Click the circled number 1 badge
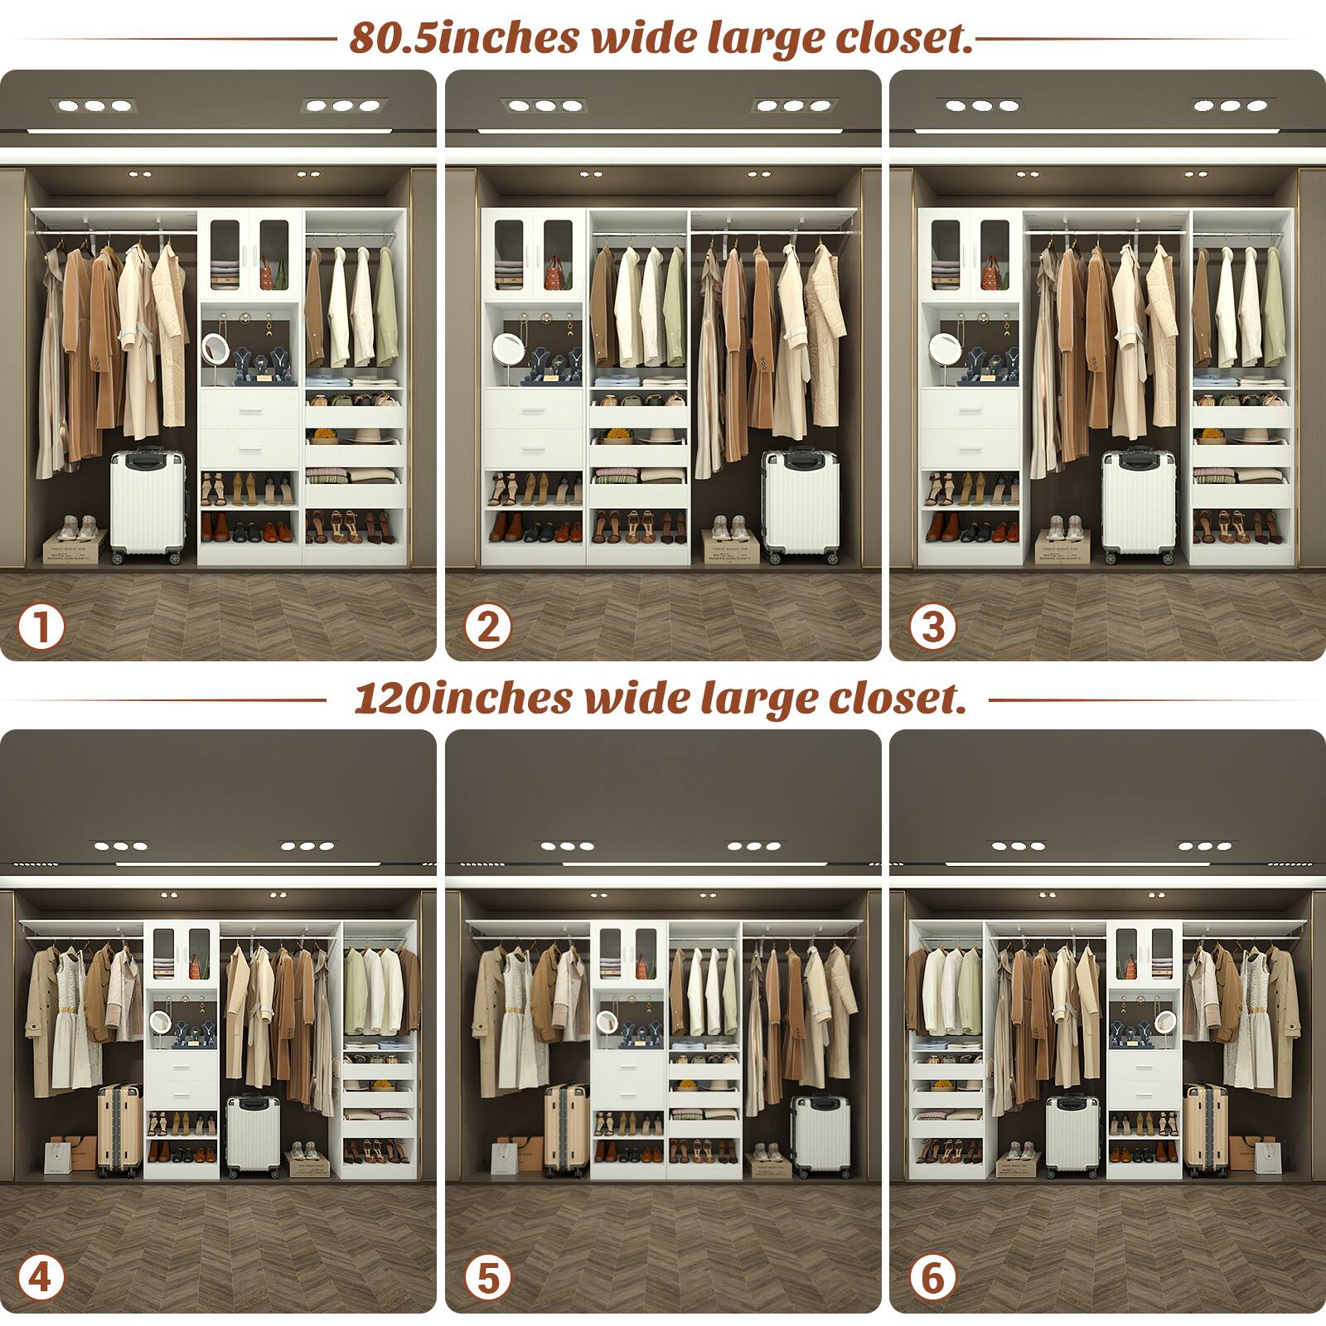[x=41, y=627]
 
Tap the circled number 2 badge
[x=487, y=627]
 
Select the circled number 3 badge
[x=932, y=627]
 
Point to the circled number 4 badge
[x=41, y=1277]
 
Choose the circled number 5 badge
[x=487, y=1277]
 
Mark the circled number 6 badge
[x=932, y=1277]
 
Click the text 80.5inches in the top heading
[x=463, y=38]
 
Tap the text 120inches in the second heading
[x=462, y=698]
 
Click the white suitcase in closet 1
[x=148, y=506]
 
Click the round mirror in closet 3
[x=943, y=347]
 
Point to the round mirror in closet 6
[x=1165, y=1022]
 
